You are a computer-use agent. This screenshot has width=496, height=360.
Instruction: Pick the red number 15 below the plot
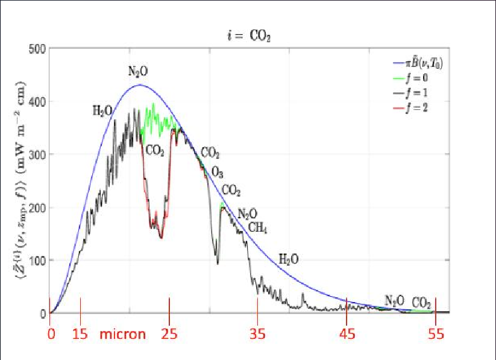[80, 334]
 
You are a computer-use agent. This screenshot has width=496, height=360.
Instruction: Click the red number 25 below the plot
[169, 334]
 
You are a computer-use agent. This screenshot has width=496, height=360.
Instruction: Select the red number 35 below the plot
[258, 334]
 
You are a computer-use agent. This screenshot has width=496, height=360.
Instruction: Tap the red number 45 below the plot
[347, 334]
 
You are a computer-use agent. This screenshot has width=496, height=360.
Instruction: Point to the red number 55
[435, 334]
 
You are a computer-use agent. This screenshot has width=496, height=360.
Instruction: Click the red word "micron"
[123, 334]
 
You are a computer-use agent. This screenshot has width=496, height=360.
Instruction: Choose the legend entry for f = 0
[421, 79]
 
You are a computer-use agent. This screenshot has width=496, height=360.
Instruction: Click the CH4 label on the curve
[258, 228]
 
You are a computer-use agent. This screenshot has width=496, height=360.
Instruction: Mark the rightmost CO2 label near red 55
[421, 302]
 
